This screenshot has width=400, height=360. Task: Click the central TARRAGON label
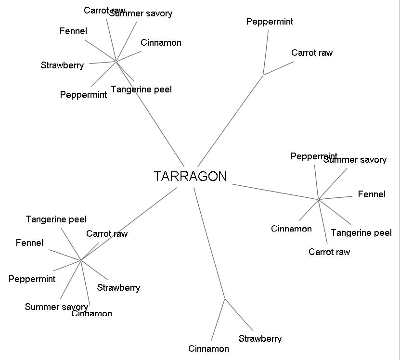pyautogui.click(x=190, y=177)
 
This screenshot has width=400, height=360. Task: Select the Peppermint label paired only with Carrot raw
pyautogui.click(x=270, y=22)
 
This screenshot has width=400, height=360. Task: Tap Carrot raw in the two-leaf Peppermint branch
pyautogui.click(x=311, y=53)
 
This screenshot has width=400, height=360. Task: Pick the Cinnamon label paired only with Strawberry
pyautogui.click(x=208, y=348)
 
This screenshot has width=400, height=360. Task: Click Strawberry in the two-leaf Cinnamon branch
pyautogui.click(x=260, y=339)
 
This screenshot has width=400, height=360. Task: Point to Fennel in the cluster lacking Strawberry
pyautogui.click(x=372, y=194)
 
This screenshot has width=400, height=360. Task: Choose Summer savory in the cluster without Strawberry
pyautogui.click(x=355, y=160)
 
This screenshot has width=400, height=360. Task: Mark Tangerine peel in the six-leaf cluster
pyautogui.click(x=361, y=233)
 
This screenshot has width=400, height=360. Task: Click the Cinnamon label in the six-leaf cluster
pyautogui.click(x=291, y=229)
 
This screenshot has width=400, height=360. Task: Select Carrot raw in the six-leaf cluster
pyautogui.click(x=329, y=252)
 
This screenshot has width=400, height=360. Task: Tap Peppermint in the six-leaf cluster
pyautogui.click(x=314, y=156)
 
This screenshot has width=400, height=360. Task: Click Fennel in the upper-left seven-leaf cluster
pyautogui.click(x=73, y=31)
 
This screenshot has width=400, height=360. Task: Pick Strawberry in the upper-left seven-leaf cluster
pyautogui.click(x=62, y=65)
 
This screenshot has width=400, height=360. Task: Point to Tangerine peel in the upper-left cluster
pyautogui.click(x=141, y=90)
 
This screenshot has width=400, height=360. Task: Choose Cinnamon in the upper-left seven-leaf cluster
pyautogui.click(x=161, y=43)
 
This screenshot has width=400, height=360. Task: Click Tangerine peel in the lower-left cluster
pyautogui.click(x=56, y=219)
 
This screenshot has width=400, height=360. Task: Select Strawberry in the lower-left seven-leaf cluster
pyautogui.click(x=118, y=288)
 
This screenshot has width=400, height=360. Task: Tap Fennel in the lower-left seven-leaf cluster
pyautogui.click(x=29, y=243)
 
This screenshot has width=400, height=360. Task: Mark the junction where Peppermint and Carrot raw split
pyautogui.click(x=263, y=75)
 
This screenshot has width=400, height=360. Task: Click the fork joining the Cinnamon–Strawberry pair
pyautogui.click(x=225, y=298)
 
